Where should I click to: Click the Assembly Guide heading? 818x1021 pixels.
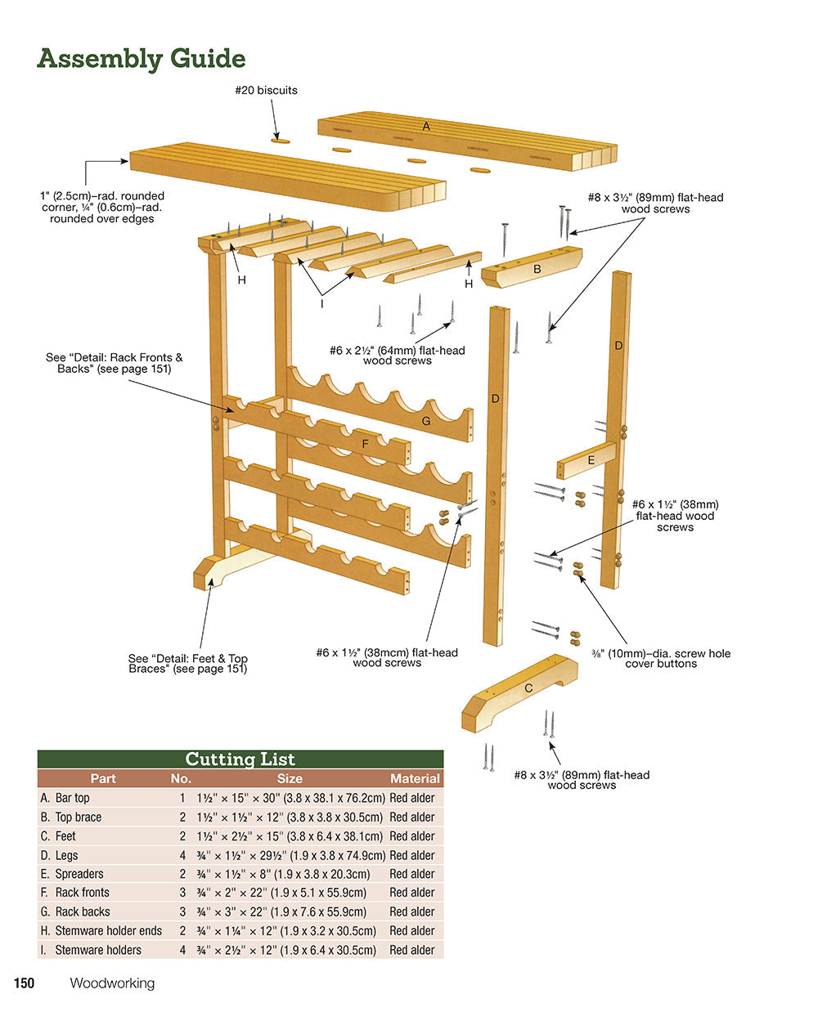pyautogui.click(x=141, y=59)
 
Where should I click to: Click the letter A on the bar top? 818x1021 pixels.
pyautogui.click(x=425, y=127)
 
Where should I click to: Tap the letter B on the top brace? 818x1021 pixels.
pyautogui.click(x=537, y=269)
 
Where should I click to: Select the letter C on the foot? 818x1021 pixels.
pyautogui.click(x=528, y=688)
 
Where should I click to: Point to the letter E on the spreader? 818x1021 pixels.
pyautogui.click(x=591, y=460)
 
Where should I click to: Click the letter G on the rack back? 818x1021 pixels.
pyautogui.click(x=425, y=421)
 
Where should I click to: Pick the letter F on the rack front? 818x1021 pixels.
pyautogui.click(x=365, y=444)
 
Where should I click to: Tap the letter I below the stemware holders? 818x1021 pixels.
pyautogui.click(x=321, y=304)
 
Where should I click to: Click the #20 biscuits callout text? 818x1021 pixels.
pyautogui.click(x=266, y=90)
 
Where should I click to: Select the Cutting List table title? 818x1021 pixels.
pyautogui.click(x=240, y=759)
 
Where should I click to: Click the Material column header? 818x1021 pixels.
pyautogui.click(x=415, y=779)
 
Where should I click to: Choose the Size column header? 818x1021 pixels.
pyautogui.click(x=290, y=779)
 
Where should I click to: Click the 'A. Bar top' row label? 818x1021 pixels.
pyautogui.click(x=65, y=798)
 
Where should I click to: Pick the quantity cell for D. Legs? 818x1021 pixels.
pyautogui.click(x=182, y=855)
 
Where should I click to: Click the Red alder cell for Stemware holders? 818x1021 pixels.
pyautogui.click(x=412, y=950)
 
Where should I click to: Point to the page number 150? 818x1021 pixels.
pyautogui.click(x=24, y=983)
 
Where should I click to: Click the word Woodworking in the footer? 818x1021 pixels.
pyautogui.click(x=112, y=983)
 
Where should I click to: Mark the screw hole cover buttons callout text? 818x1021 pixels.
pyautogui.click(x=661, y=658)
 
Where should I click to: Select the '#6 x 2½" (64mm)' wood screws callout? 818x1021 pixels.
pyautogui.click(x=397, y=355)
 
